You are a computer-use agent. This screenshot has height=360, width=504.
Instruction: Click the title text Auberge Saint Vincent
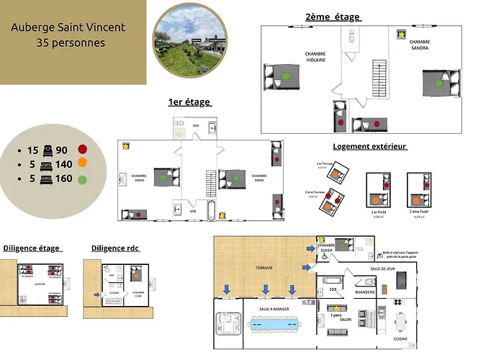coord(68,27)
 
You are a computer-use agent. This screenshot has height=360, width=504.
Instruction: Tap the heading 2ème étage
coord(333,17)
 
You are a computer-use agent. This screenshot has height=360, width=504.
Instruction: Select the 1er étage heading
coord(190,102)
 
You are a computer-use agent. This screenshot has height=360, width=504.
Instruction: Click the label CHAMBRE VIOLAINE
coord(315,57)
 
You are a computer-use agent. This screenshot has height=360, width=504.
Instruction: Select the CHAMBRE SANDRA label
coord(400,44)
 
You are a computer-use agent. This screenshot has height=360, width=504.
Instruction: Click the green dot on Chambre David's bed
coord(164,176)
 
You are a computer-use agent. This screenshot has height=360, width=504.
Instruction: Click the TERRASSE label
coord(264,268)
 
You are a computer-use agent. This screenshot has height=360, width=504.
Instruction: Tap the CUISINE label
coord(401,338)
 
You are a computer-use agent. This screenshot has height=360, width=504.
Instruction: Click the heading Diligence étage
coord(31,248)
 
